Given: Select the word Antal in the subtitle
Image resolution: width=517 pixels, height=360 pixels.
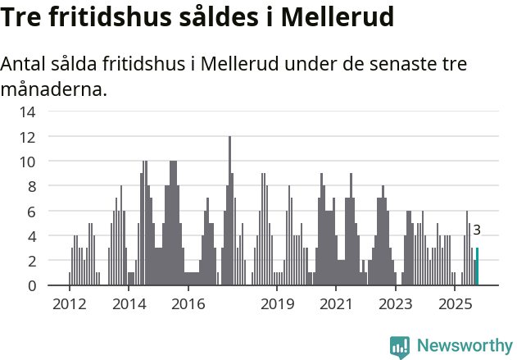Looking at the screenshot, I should pyautogui.click(x=25, y=65).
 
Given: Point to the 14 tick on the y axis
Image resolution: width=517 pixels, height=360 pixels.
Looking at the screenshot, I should pyautogui.click(x=28, y=112).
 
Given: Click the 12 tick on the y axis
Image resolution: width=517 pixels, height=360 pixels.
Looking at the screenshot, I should pyautogui.click(x=28, y=136).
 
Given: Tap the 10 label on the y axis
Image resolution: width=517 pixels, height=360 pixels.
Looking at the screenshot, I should pyautogui.click(x=28, y=162).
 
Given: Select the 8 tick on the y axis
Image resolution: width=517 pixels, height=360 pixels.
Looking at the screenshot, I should pyautogui.click(x=31, y=186).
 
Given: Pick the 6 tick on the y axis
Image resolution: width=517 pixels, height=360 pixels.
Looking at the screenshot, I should pyautogui.click(x=31, y=211).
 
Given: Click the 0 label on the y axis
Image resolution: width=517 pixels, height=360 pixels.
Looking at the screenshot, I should pyautogui.click(x=31, y=285).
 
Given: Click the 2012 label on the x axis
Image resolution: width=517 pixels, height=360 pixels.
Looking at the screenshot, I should pyautogui.click(x=69, y=304).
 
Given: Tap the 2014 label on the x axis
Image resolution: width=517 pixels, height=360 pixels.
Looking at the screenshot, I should pyautogui.click(x=129, y=304).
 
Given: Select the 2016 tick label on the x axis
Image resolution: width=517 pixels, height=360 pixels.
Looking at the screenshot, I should pyautogui.click(x=188, y=304).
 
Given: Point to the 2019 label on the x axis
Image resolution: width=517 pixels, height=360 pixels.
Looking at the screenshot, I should pyautogui.click(x=277, y=304).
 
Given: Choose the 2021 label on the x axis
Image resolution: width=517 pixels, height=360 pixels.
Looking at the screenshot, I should pyautogui.click(x=336, y=304).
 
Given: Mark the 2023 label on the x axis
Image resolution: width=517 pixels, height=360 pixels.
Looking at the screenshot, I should pyautogui.click(x=396, y=304).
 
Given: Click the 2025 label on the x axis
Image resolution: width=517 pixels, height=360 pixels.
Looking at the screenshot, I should pyautogui.click(x=455, y=304).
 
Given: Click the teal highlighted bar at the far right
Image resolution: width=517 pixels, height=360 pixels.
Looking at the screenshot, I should pyautogui.click(x=477, y=267).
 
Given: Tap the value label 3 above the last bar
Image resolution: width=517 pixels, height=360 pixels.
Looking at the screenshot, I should pyautogui.click(x=477, y=230).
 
